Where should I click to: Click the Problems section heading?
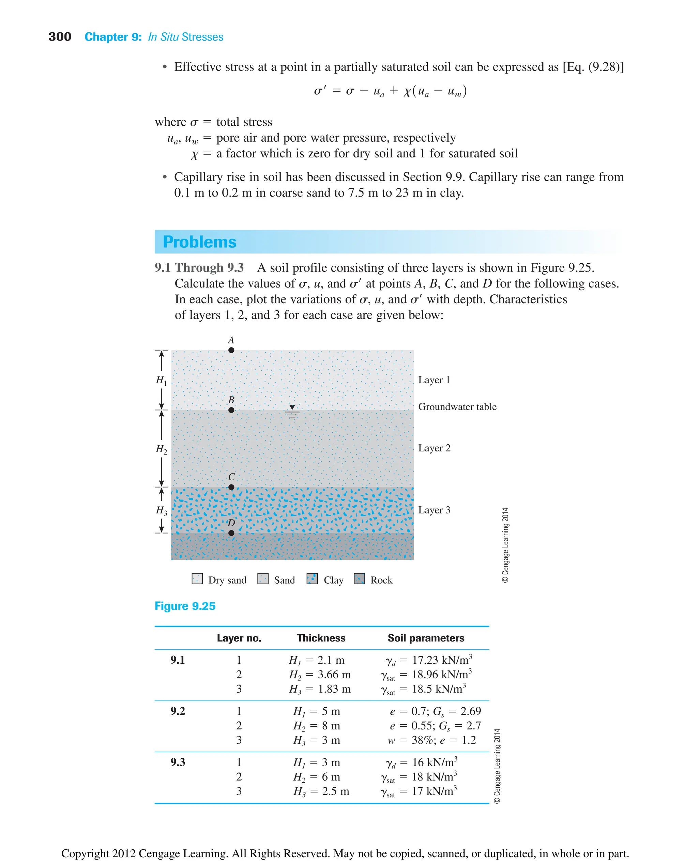click(x=199, y=242)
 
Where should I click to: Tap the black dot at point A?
click(x=231, y=350)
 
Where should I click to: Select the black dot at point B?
click(x=231, y=410)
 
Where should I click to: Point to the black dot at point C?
click(x=231, y=487)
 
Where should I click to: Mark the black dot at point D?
click(x=231, y=533)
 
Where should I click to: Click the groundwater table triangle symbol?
click(x=292, y=407)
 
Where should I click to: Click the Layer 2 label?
click(x=434, y=448)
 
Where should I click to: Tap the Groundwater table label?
click(x=457, y=407)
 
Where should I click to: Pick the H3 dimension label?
click(x=161, y=510)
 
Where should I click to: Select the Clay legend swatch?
click(x=312, y=579)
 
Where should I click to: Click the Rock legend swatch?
click(x=359, y=579)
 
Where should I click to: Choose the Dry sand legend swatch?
click(x=197, y=579)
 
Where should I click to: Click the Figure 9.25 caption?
click(x=185, y=606)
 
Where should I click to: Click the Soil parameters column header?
click(x=426, y=638)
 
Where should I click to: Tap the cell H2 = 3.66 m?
click(x=320, y=675)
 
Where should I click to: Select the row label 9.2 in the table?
click(x=177, y=711)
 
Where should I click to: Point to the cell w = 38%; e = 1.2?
click(x=431, y=740)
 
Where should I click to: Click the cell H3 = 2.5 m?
click(x=321, y=791)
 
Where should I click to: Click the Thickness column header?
click(x=321, y=638)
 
